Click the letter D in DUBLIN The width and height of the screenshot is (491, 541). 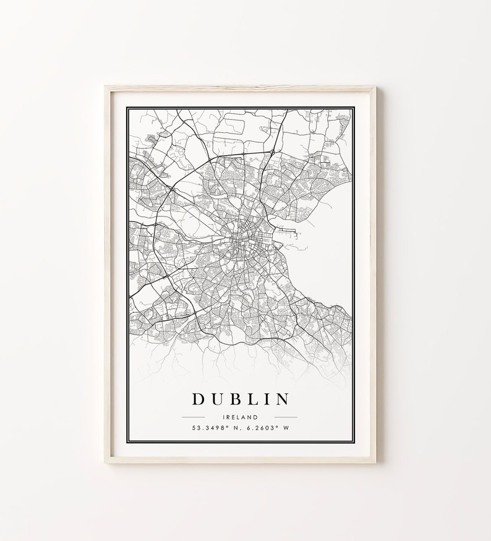coord(200,399)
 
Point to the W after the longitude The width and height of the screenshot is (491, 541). coord(285,428)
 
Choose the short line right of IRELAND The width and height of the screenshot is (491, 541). coord(283,417)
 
